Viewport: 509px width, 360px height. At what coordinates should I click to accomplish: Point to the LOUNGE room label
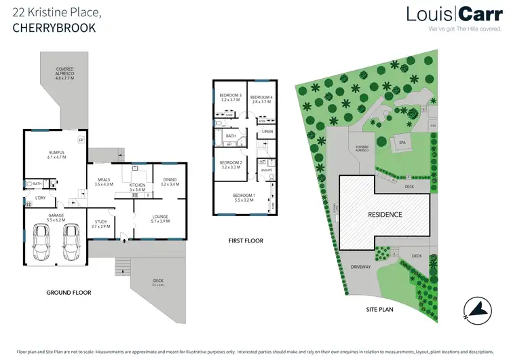[x=159, y=217]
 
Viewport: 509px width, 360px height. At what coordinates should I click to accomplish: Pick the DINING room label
[x=169, y=181]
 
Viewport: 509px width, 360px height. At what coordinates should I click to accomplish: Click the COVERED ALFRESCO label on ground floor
[x=65, y=70]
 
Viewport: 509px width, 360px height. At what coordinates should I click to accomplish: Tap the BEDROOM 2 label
[x=231, y=163]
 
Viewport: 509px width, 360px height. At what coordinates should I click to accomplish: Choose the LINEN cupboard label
[x=267, y=130]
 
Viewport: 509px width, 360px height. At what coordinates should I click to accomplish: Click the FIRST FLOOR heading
[x=246, y=240]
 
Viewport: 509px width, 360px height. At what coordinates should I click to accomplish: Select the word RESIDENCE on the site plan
[x=385, y=215]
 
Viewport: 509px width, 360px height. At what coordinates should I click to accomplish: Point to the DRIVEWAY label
[x=359, y=267]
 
